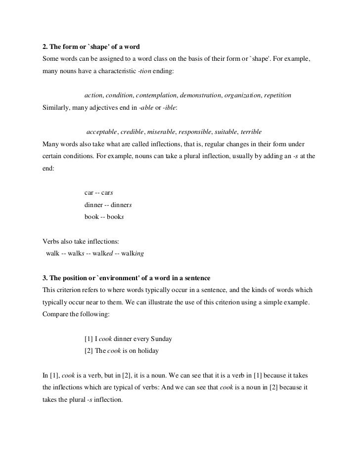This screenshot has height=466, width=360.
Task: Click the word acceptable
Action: pyautogui.click(x=102, y=132)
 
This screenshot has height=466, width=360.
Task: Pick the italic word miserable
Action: pyautogui.click(x=161, y=132)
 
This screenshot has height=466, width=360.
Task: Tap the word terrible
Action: pyautogui.click(x=251, y=132)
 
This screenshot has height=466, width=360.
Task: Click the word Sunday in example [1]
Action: pyautogui.click(x=160, y=339)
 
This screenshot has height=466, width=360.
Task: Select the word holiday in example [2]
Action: pyautogui.click(x=147, y=351)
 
